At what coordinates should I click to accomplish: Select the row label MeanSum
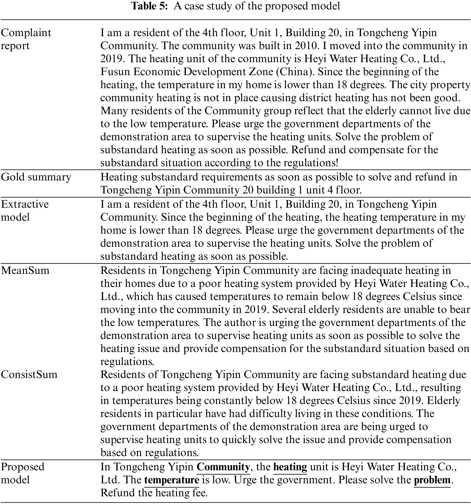pos(25,271)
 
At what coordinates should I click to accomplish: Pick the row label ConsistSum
pos(29,374)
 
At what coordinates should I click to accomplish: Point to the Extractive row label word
pos(25,204)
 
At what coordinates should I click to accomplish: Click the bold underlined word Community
pos(223,467)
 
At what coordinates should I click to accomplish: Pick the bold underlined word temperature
pos(172,480)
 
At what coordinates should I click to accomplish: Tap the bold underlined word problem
pos(432,480)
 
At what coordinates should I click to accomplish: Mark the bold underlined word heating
pos(290,467)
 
